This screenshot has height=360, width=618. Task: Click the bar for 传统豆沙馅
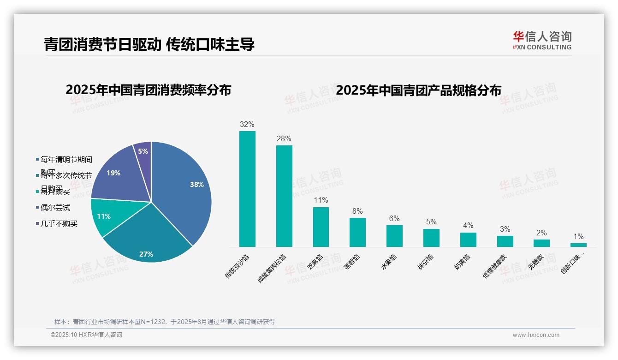[247, 189]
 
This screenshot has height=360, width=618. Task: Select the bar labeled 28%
[284, 196]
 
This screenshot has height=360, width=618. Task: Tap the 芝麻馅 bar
[321, 227]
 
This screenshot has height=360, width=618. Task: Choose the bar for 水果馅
[394, 236]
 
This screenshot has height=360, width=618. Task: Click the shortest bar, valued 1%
[578, 245]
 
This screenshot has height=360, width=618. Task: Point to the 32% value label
[247, 125]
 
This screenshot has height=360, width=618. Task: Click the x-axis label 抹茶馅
[425, 262]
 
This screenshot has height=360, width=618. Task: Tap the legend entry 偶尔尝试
[55, 208]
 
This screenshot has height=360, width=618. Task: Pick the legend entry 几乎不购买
[59, 224]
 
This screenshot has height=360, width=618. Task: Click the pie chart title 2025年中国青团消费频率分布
[148, 90]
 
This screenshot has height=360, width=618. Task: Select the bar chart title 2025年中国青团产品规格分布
[418, 90]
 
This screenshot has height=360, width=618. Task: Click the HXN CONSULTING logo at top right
[542, 41]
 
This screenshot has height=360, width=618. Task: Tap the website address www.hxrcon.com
[536, 335]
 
